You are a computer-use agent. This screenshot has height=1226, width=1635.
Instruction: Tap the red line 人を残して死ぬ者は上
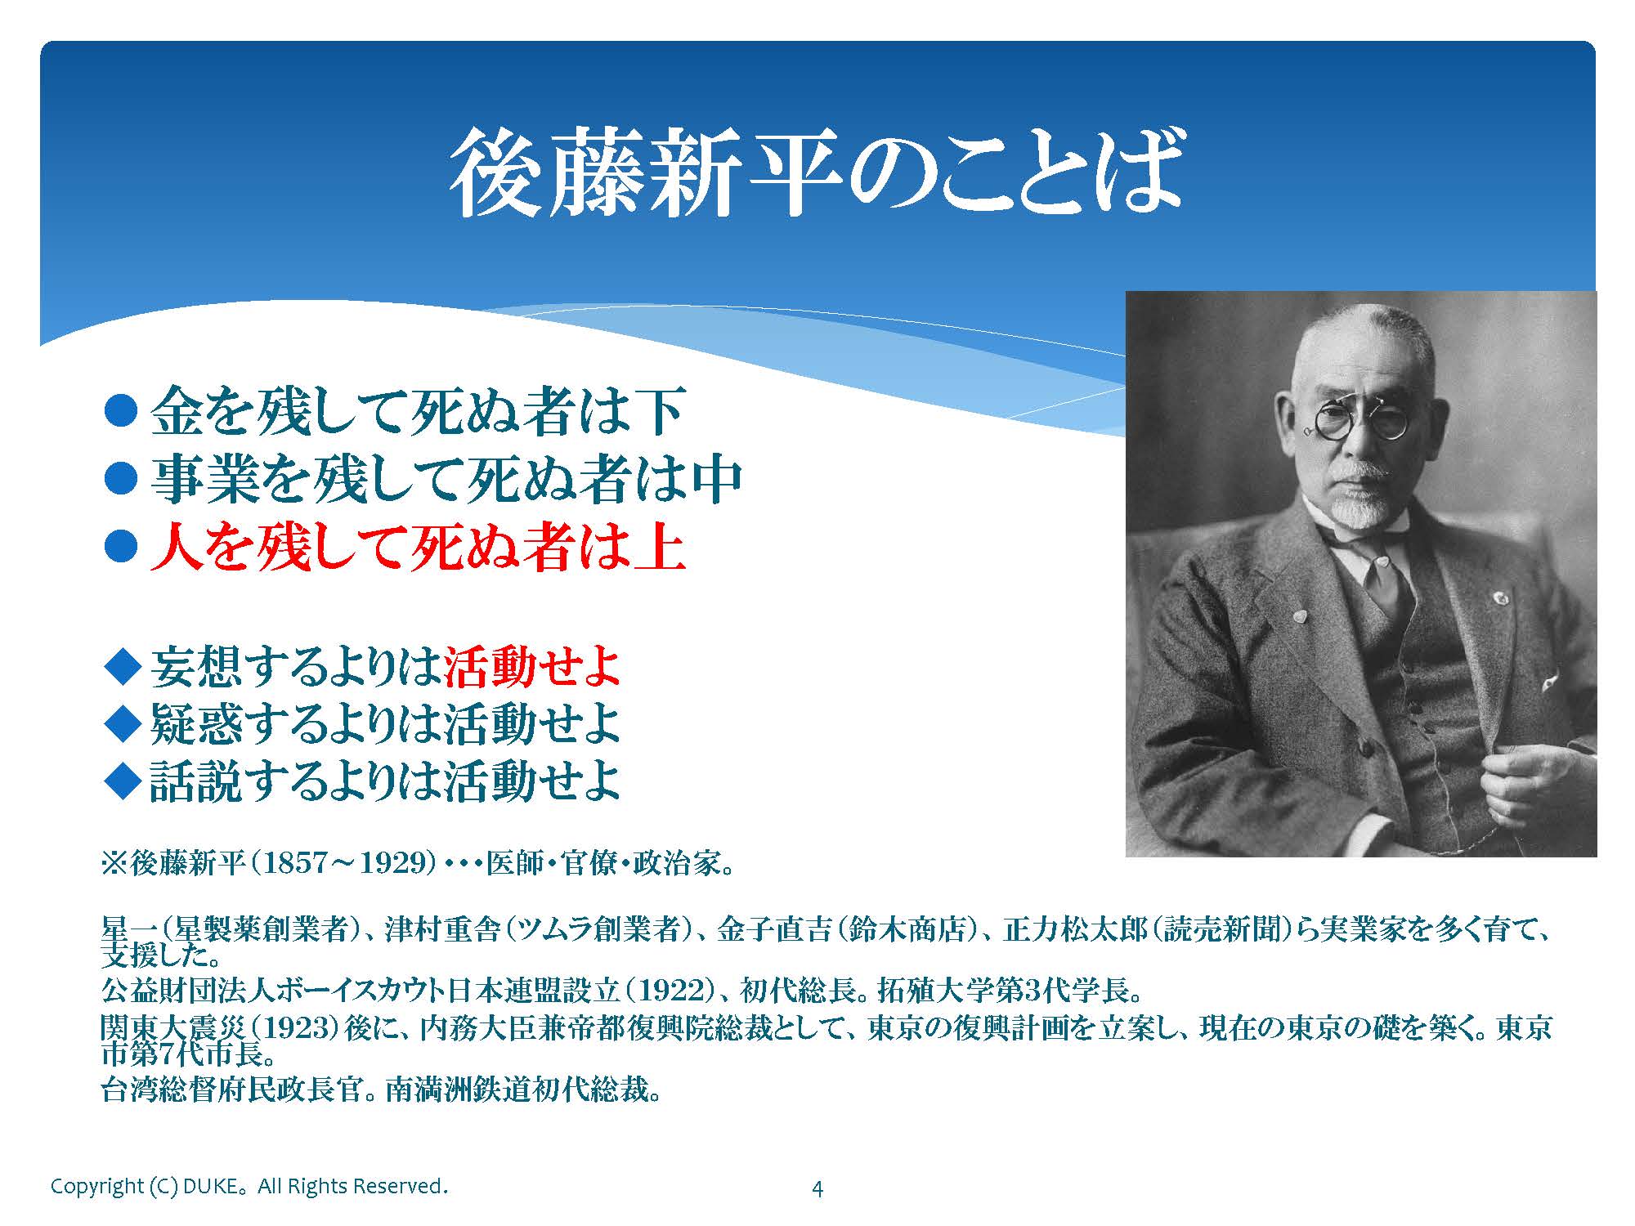[x=418, y=548]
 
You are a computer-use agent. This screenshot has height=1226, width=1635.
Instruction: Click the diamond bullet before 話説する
[x=123, y=781]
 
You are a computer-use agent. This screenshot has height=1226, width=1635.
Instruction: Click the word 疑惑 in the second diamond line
[x=196, y=724]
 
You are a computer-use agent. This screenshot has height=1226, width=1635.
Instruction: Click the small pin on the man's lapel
[x=1499, y=597]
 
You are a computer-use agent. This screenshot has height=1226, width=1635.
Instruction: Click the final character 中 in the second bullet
[x=714, y=481]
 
